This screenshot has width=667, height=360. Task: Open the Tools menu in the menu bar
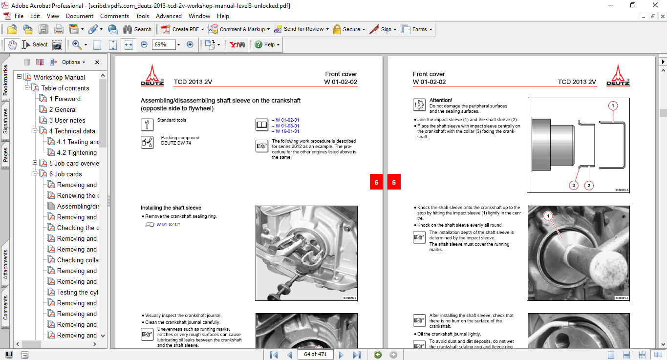142,16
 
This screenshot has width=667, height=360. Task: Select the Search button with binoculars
137,29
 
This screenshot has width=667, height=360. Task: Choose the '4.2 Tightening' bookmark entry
77,152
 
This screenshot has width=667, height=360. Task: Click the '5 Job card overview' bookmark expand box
35,163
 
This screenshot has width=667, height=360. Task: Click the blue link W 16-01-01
287,131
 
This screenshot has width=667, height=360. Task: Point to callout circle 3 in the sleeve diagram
574,185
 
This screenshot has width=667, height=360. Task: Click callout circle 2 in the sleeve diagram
589,185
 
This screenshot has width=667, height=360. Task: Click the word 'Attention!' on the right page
440,100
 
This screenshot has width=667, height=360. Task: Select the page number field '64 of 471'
315,354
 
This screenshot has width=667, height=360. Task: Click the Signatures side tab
6,121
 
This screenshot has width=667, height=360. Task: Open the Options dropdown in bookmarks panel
73,62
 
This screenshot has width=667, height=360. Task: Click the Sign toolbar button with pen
381,29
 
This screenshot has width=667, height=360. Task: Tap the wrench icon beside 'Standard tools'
147,124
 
